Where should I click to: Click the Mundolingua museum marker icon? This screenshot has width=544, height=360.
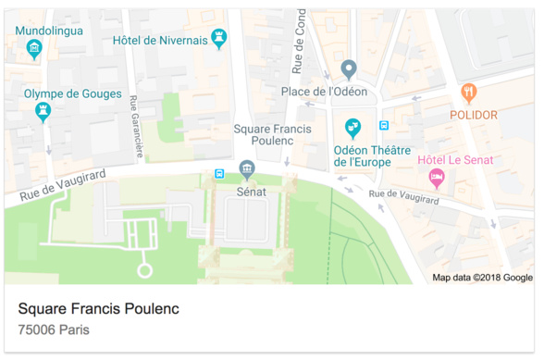click(x=34, y=49)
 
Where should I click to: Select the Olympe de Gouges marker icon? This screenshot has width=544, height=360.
click(x=43, y=112)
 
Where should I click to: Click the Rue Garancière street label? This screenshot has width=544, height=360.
click(x=136, y=126)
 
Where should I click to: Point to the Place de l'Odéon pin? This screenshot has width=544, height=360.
click(x=349, y=68)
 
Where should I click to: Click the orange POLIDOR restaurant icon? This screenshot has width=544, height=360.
click(x=469, y=93)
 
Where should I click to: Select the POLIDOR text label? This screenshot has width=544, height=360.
click(x=473, y=116)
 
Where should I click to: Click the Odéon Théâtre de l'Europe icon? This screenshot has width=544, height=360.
click(x=352, y=127)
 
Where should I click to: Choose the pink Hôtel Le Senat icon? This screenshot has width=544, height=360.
click(x=437, y=178)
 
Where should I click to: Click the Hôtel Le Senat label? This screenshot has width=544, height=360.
click(x=455, y=160)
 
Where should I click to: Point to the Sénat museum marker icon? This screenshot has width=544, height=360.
click(x=247, y=168)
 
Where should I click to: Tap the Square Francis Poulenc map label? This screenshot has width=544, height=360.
click(x=264, y=134)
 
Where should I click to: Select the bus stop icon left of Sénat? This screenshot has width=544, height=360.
click(x=218, y=173)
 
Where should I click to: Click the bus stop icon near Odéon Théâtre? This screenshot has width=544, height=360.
click(x=384, y=126)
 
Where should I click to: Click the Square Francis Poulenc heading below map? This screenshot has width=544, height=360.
click(x=98, y=308)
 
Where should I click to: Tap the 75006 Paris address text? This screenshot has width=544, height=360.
click(x=54, y=329)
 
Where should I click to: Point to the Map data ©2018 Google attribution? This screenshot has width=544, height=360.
click(x=482, y=278)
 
